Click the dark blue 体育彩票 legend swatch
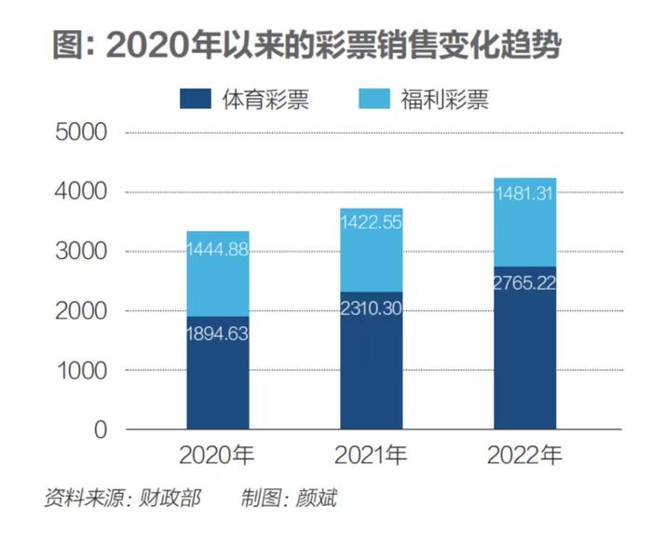tap(196, 99)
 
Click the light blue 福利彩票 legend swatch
tap(374, 99)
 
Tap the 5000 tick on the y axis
tap(81, 132)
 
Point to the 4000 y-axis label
tap(81, 192)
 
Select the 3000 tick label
tap(81, 252)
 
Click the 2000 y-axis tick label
tap(81, 311)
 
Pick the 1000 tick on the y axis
tap(82, 370)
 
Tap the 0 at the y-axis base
tap(101, 430)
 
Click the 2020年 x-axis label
tap(217, 455)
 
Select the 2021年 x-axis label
tap(372, 455)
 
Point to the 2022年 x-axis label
tap(524, 455)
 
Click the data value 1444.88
tap(217, 250)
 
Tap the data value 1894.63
tap(217, 334)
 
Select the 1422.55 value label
tap(372, 223)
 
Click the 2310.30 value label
tap(372, 308)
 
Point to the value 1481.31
tap(524, 194)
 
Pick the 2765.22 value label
tap(524, 283)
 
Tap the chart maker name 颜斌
tap(316, 498)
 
